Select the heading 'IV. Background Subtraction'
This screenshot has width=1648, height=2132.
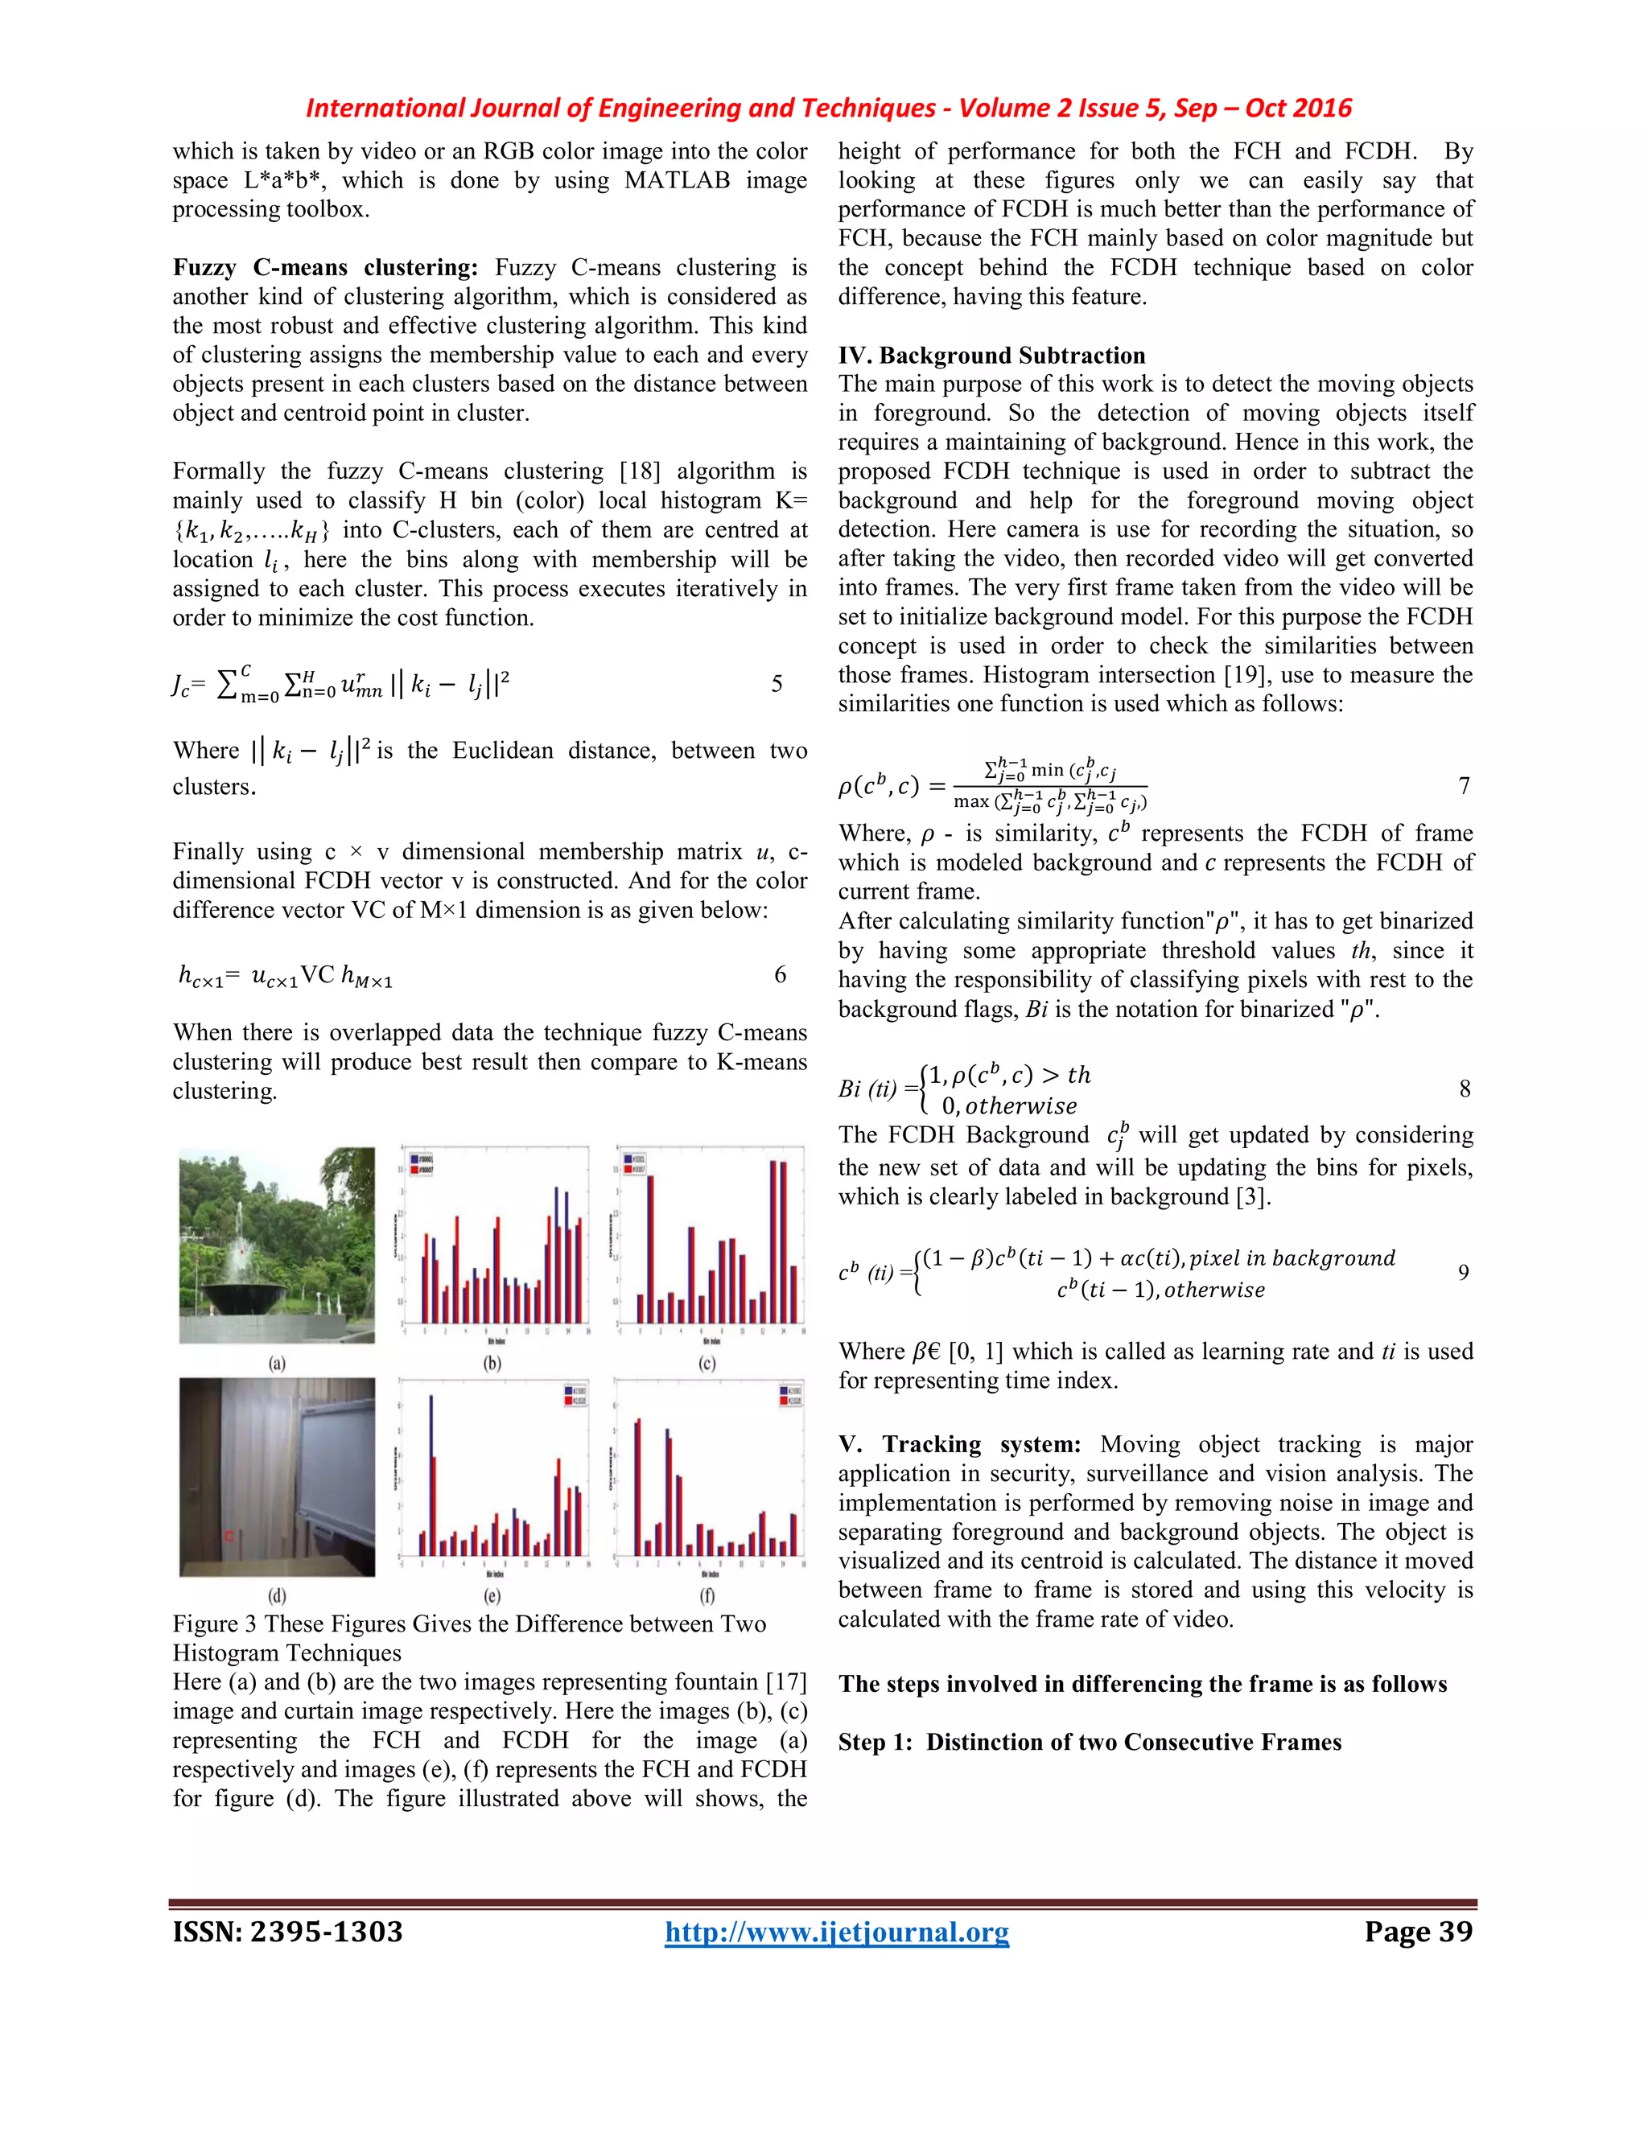pos(991,356)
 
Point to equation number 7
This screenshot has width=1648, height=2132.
pos(1464,786)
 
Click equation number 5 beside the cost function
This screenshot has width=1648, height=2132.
pos(777,683)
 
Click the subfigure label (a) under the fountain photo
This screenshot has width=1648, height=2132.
pos(278,1363)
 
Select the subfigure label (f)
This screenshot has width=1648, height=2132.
pos(707,1595)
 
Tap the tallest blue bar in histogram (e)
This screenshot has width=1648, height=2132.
pos(431,1474)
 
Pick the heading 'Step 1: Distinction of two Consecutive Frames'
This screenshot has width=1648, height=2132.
pos(1090,1742)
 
